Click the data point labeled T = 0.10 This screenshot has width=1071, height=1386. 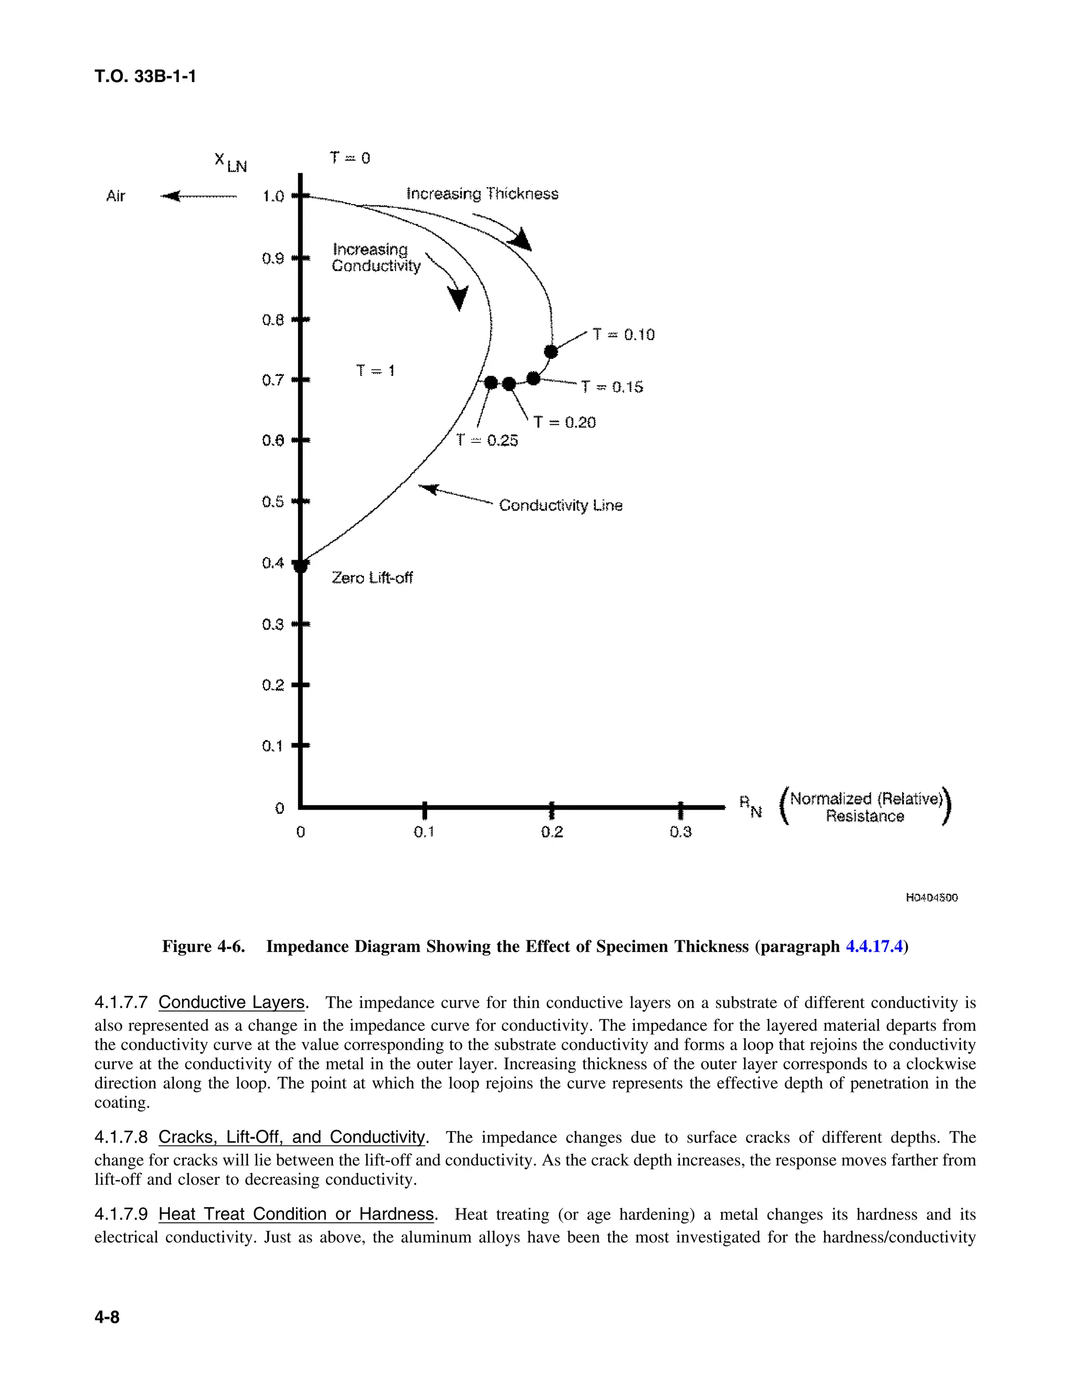(551, 351)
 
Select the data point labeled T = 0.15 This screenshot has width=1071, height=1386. (533, 378)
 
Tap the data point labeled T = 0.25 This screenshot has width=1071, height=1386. (491, 383)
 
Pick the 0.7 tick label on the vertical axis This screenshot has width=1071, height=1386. (273, 380)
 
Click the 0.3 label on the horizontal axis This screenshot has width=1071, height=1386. (680, 832)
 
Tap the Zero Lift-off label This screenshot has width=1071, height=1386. (372, 577)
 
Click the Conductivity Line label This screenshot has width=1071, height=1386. (560, 505)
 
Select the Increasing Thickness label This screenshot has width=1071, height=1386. (482, 194)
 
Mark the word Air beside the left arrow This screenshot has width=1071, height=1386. (116, 196)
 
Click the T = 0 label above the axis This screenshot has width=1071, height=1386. (350, 157)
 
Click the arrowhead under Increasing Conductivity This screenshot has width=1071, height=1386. (458, 298)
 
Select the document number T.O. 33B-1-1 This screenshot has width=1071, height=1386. (145, 77)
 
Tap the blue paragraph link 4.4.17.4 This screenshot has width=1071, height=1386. (874, 946)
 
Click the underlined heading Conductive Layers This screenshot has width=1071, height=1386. (232, 1002)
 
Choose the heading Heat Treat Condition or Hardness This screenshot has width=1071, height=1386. (297, 1214)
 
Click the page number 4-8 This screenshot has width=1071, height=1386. (107, 1317)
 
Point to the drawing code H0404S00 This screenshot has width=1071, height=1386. (931, 898)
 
